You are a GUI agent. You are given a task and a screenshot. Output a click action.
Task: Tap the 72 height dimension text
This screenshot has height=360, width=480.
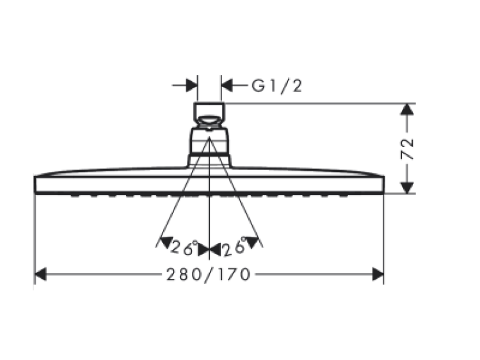[x=407, y=149]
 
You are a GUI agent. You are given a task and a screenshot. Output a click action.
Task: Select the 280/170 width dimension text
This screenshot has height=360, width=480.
[x=208, y=274]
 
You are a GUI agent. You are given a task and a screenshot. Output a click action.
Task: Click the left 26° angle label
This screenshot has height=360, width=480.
[x=184, y=247]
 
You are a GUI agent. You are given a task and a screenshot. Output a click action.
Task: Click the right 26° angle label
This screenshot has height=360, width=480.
[x=234, y=247]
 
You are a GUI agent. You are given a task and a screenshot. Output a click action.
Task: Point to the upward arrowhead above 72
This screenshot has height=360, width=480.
[x=407, y=109]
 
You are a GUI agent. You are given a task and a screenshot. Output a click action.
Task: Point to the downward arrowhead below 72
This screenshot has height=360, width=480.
[x=407, y=188]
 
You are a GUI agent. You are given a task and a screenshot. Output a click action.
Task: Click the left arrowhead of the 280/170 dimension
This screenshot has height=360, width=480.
[x=40, y=274]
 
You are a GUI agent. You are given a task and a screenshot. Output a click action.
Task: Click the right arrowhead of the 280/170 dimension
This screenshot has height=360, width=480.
[x=378, y=274]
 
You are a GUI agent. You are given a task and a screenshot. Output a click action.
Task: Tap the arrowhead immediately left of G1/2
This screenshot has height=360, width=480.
[x=227, y=85]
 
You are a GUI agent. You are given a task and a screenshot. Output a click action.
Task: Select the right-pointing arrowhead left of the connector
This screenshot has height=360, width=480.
[x=191, y=85]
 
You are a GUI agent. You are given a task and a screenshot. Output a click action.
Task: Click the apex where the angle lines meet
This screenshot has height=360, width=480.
[x=209, y=137]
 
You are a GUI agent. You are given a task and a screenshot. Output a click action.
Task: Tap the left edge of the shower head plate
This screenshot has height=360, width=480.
[x=35, y=184]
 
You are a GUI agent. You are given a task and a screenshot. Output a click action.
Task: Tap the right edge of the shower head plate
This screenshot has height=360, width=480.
[x=383, y=184]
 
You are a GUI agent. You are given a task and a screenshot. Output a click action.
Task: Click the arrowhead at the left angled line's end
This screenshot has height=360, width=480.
[x=166, y=242]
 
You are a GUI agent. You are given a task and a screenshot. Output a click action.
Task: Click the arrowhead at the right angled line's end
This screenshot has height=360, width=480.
[x=253, y=242]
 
